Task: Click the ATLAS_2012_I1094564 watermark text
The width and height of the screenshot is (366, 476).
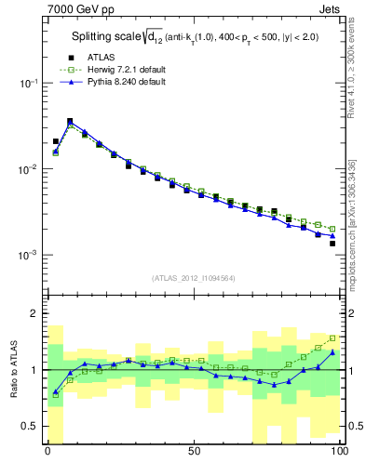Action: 193,276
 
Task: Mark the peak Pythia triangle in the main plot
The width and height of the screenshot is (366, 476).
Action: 70,121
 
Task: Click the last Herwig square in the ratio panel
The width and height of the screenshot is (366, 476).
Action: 332,338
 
